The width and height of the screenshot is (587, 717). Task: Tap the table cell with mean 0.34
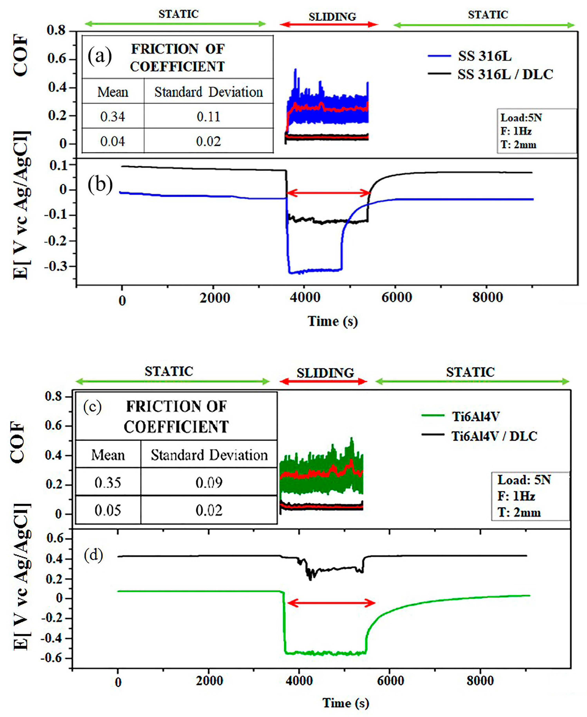pos(113,117)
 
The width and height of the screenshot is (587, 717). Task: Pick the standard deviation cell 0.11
pos(208,117)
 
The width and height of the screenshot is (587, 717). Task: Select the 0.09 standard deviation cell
pos(209,482)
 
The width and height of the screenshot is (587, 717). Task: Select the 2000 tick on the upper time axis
pos(215,298)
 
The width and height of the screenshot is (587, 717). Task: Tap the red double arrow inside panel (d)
pos(331,603)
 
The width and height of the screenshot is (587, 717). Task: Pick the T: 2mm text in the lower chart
pos(519,513)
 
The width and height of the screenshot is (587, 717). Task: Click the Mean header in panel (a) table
pos(113,92)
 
